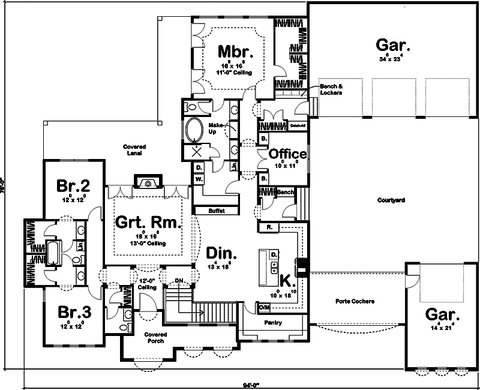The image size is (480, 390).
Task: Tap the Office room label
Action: click(x=288, y=154)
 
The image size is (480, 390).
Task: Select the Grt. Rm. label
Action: click(x=148, y=223)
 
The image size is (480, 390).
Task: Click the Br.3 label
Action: click(x=75, y=313)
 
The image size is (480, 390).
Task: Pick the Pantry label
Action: click(x=272, y=323)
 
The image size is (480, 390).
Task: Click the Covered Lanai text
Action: click(x=134, y=150)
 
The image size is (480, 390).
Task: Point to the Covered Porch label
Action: click(x=155, y=337)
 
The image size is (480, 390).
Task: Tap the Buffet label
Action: click(x=216, y=211)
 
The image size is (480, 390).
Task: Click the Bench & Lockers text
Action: click(x=331, y=89)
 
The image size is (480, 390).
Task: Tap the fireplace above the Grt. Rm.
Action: click(x=147, y=182)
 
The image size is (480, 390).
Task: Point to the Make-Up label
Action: click(x=216, y=127)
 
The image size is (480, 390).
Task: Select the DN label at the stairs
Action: click(x=179, y=281)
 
